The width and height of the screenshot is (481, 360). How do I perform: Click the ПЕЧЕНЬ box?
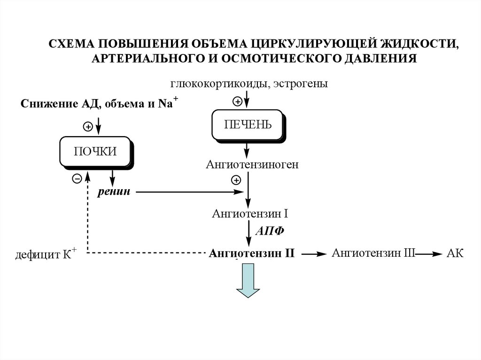(x=248, y=124)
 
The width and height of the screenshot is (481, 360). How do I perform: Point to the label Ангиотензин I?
(x=249, y=214)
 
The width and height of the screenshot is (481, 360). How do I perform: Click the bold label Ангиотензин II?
(x=252, y=254)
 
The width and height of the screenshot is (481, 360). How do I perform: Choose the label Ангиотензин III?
(x=373, y=253)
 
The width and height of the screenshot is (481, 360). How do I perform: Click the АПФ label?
(x=270, y=232)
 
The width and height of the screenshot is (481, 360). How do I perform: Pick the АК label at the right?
(x=455, y=254)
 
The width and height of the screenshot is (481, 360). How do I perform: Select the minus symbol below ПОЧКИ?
(x=77, y=178)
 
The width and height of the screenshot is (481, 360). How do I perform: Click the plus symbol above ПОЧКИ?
(x=87, y=126)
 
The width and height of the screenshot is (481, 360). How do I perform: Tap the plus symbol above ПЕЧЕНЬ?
(x=238, y=101)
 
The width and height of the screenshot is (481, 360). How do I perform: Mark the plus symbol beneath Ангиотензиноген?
(x=236, y=180)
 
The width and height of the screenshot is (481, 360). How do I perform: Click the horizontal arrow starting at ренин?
(x=188, y=192)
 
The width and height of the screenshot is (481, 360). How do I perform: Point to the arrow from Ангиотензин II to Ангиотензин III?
(x=313, y=254)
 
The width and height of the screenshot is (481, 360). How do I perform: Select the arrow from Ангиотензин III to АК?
(x=428, y=254)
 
